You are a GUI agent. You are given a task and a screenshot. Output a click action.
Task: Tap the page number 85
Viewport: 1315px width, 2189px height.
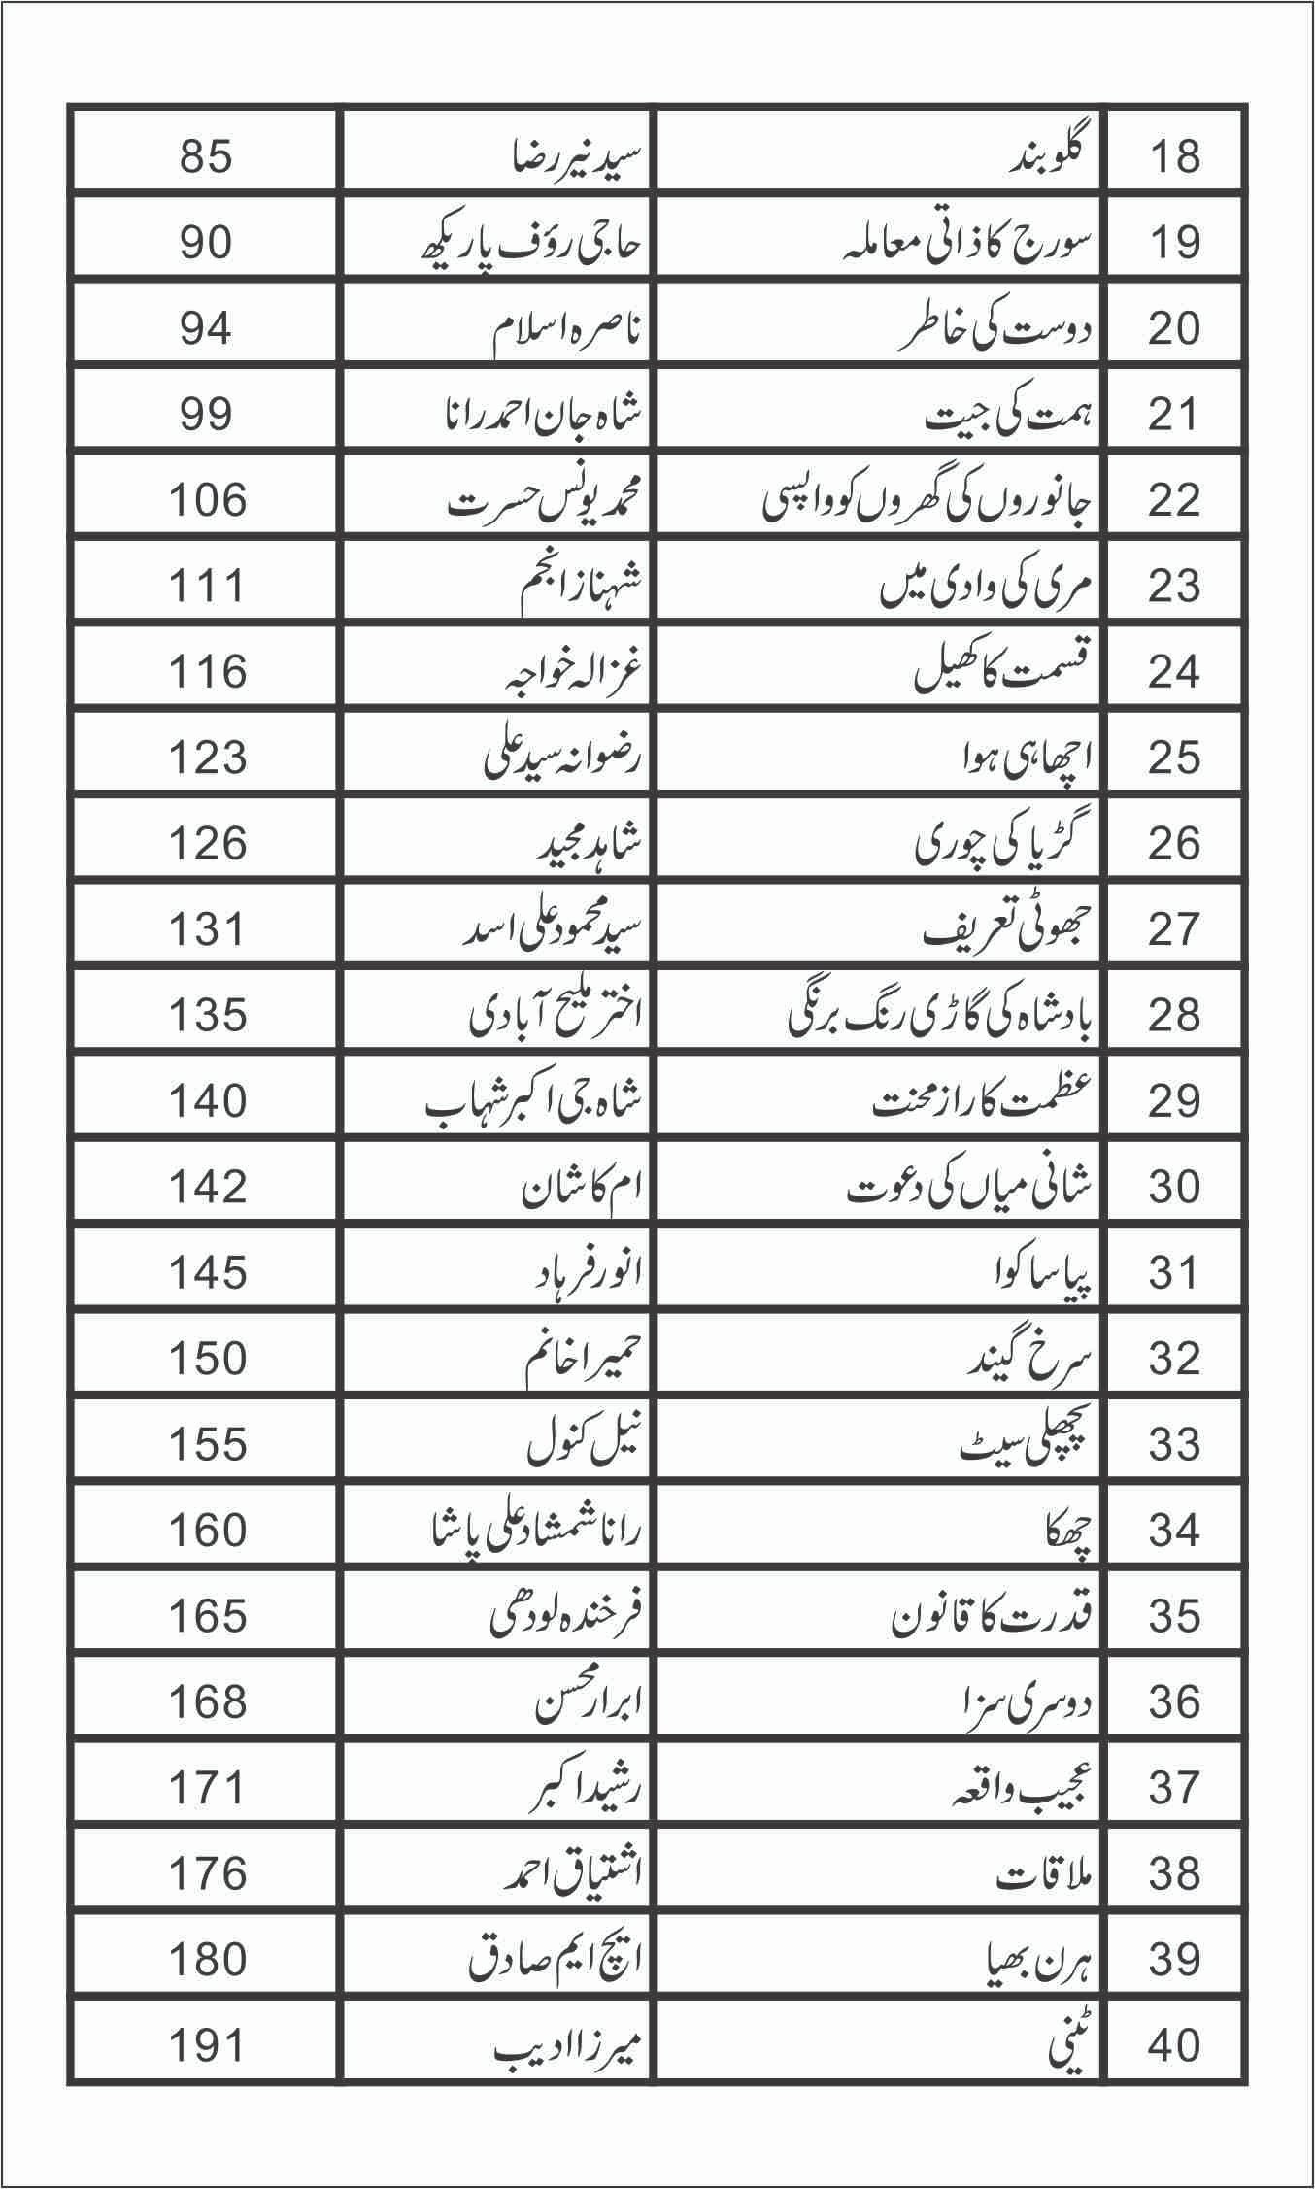click(x=206, y=156)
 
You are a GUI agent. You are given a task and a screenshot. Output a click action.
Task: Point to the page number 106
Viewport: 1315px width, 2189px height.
click(x=207, y=500)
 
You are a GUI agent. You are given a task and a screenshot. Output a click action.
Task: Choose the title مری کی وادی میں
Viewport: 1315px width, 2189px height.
click(x=985, y=586)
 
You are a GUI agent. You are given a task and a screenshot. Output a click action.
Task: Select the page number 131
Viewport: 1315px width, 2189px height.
click(x=207, y=929)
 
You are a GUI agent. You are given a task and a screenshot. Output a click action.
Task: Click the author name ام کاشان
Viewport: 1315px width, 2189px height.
click(x=583, y=1187)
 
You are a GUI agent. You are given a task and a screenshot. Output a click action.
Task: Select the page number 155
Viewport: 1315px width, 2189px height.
click(x=207, y=1444)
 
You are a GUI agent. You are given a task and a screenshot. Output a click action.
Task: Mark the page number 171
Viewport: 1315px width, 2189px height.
click(x=207, y=1787)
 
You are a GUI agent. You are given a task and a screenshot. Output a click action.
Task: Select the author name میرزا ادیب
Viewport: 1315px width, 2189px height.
click(x=568, y=2045)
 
